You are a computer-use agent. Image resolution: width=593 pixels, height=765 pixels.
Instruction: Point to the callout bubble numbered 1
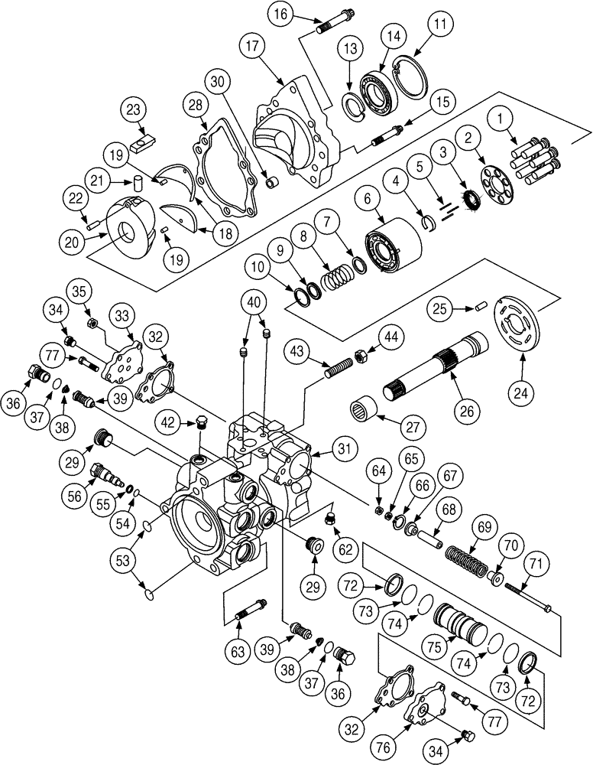501,119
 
